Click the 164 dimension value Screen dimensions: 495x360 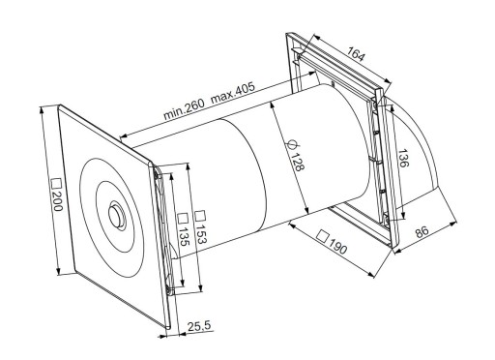coord(357,53)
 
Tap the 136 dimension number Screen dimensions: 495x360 coord(403,158)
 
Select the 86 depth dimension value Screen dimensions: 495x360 coord(422,231)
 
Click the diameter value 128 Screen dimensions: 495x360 coord(297,162)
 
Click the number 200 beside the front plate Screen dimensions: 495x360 coord(58,201)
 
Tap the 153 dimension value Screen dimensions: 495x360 coord(200,232)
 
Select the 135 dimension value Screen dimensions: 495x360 coord(183,236)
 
